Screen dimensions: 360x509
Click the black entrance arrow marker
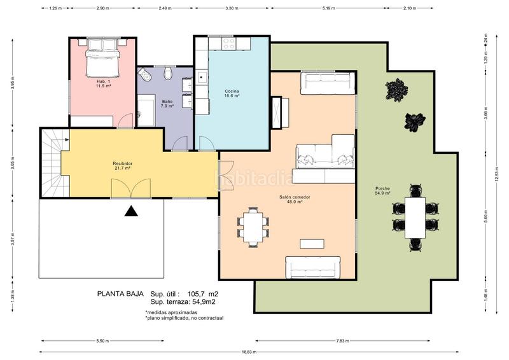(x=132, y=212)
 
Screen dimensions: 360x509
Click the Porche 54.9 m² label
(x=382, y=190)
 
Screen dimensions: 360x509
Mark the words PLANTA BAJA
(x=118, y=294)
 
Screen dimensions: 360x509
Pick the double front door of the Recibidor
(x=132, y=189)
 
